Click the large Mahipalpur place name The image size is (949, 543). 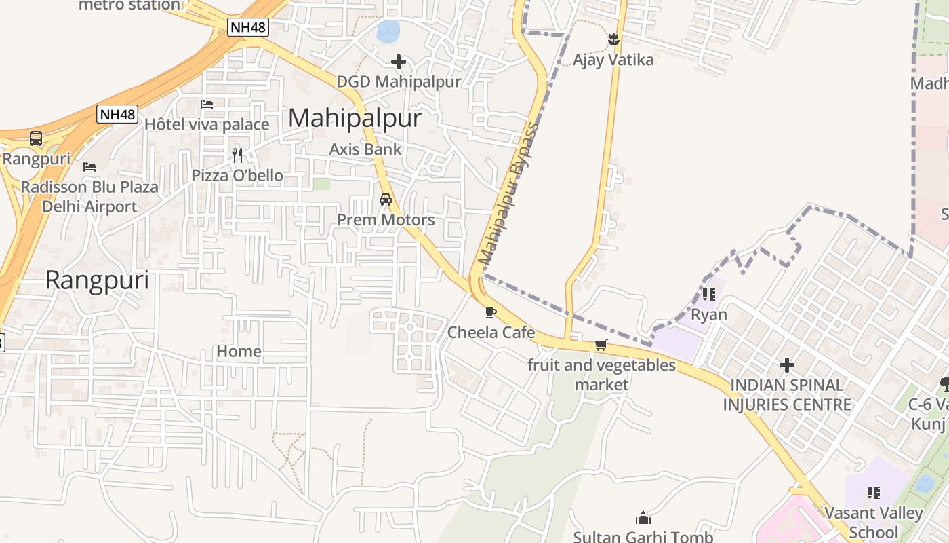[x=355, y=118]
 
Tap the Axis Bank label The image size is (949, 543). [x=365, y=149]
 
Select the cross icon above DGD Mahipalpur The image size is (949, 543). [x=399, y=62]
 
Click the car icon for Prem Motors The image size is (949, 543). [x=386, y=200]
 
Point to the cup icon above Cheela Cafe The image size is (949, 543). [x=491, y=313]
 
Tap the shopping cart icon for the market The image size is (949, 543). [x=601, y=345]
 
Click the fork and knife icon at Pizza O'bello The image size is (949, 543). [x=237, y=155]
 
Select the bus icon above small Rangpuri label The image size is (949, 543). [x=36, y=138]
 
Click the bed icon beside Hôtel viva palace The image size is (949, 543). [x=207, y=105]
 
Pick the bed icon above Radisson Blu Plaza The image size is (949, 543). [x=89, y=166]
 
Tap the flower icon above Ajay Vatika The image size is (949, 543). [x=613, y=39]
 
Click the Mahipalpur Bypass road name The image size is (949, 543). [x=508, y=194]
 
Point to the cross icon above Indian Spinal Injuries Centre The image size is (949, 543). [x=786, y=365]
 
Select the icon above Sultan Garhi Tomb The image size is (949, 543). [x=643, y=519]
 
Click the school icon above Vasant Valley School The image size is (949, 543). [x=873, y=492]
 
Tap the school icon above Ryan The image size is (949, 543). [x=709, y=295]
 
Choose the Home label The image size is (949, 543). [x=239, y=351]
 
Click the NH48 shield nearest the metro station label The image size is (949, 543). [x=248, y=27]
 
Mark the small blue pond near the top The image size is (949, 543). [x=388, y=31]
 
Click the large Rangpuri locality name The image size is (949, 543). [x=97, y=280]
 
